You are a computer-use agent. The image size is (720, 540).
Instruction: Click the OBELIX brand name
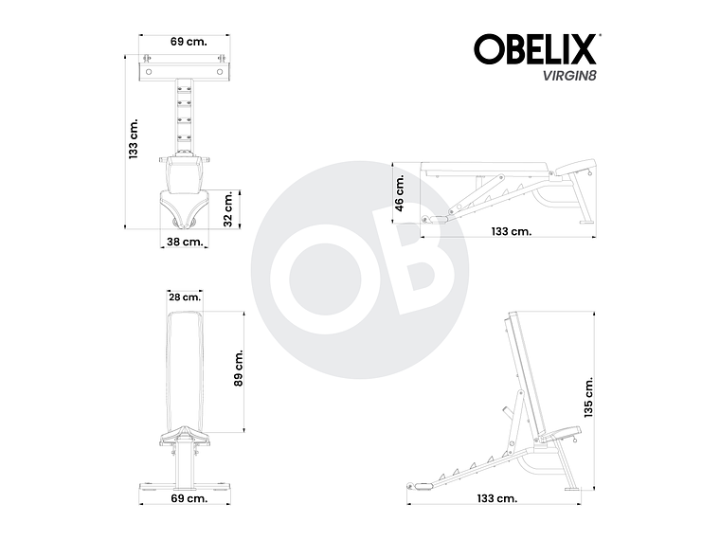534,49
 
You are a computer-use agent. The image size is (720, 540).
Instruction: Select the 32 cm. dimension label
227,207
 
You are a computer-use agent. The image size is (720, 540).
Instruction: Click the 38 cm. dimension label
184,242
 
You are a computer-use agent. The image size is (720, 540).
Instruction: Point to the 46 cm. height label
400,192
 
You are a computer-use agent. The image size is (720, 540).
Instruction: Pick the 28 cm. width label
185,297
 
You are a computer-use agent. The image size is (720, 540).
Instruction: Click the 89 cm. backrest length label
240,368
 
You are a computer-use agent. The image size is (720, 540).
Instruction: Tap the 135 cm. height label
588,397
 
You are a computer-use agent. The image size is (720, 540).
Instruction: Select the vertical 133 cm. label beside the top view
134,139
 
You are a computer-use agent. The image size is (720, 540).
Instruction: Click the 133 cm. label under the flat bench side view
512,231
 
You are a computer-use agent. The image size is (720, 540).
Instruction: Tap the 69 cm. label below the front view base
189,498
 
